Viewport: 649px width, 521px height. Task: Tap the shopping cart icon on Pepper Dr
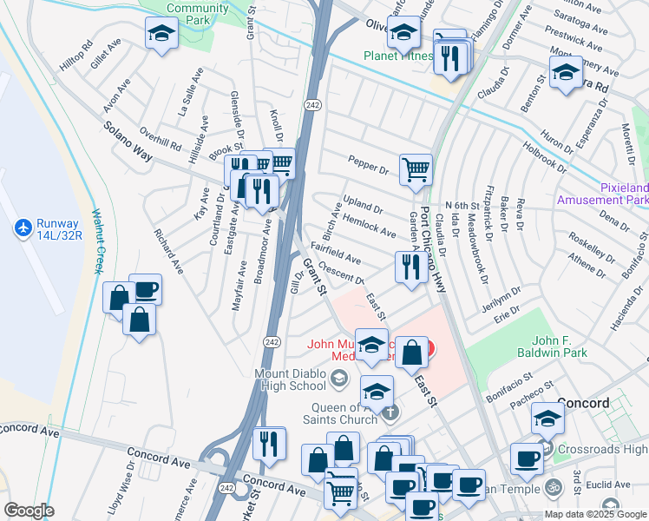tap(416, 168)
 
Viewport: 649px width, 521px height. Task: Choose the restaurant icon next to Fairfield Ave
tap(408, 267)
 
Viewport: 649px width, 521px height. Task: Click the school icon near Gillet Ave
tap(161, 36)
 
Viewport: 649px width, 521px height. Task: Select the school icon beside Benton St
tap(566, 72)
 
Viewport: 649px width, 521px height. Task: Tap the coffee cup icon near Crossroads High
tap(528, 458)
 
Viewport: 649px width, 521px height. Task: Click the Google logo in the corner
tap(28, 511)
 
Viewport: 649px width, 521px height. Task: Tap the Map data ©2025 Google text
tap(595, 514)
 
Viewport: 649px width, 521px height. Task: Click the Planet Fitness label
tap(397, 56)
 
